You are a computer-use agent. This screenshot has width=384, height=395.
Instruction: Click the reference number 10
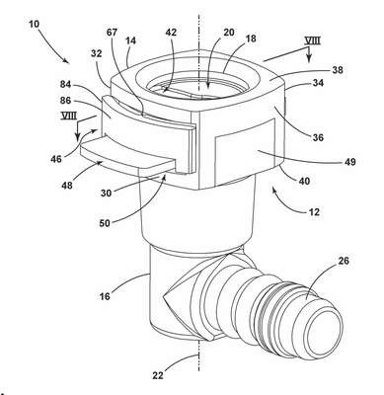point(34,24)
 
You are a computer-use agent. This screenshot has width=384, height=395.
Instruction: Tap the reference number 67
point(113,33)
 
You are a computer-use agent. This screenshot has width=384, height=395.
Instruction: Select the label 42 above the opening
point(172,33)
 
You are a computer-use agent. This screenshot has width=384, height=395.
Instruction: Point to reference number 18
point(251,39)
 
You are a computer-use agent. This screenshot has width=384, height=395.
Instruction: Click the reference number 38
point(338,70)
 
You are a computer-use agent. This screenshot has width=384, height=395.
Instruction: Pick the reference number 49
point(350,162)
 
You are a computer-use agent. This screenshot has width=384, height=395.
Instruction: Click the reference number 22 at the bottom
point(158,375)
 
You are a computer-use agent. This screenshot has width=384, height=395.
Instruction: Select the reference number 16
point(105,295)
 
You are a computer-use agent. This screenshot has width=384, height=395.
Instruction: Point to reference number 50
point(105,223)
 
